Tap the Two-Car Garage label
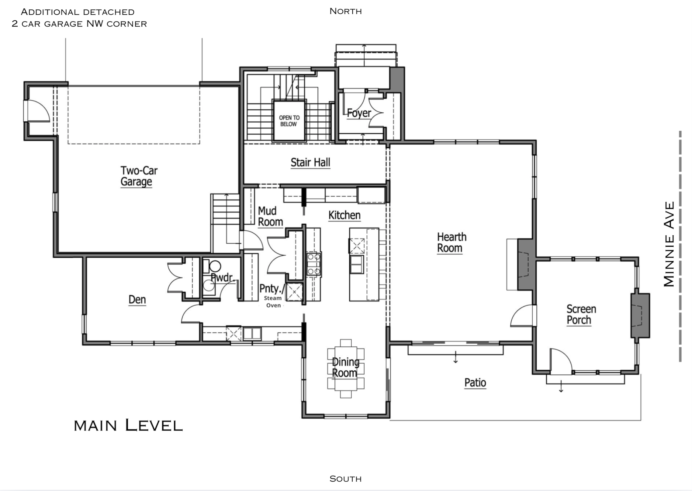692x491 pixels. coord(138,176)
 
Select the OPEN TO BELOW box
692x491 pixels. coord(289,121)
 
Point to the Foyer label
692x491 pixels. coord(359,113)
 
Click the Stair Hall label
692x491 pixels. coord(310,163)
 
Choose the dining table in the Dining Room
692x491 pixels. coord(346,368)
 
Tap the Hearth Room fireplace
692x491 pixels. coord(526,265)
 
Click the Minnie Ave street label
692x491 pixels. coord(669,244)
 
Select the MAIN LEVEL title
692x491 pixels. coord(128,426)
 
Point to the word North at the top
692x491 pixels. coord(345,11)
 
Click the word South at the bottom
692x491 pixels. coord(345,479)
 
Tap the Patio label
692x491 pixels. coord(475,383)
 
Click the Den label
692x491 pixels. coord(137,300)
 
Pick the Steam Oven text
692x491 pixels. coord(273,302)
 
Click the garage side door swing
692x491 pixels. coord(37,111)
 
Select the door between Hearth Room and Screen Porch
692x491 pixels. coord(523,316)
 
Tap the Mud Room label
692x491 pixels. coord(270,216)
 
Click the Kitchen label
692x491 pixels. coord(344,215)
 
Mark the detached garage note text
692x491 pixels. coord(79,18)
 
